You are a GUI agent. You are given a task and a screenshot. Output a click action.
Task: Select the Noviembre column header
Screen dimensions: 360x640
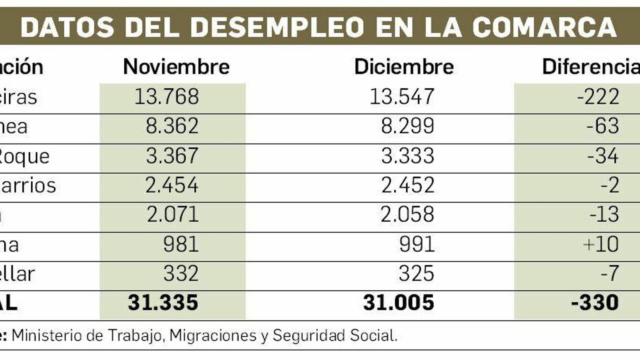coord(176,66)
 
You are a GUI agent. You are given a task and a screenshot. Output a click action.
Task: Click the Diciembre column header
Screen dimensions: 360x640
coord(404,66)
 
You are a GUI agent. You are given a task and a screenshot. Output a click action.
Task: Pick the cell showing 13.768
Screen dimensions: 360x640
coord(166,97)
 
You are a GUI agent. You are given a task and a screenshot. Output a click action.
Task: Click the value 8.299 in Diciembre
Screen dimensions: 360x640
coord(408,126)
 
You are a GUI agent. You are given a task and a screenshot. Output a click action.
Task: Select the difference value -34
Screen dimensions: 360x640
coord(603,156)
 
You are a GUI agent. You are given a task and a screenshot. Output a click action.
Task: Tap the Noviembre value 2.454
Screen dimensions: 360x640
coord(172,185)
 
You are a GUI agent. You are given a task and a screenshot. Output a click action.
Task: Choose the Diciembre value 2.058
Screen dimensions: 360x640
coord(407,214)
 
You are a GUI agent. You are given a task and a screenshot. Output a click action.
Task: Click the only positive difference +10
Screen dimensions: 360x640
coord(601,244)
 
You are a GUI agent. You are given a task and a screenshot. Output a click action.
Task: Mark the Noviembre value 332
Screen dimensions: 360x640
coord(181,274)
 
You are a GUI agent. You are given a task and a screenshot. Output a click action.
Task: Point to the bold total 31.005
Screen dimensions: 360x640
coord(398,303)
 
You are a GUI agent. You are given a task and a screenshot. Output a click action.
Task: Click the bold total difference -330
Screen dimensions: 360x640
coord(595,303)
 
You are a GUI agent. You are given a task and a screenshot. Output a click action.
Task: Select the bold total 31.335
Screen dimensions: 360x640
coord(163,303)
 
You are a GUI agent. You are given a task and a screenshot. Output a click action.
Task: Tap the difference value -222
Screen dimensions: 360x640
coord(598,97)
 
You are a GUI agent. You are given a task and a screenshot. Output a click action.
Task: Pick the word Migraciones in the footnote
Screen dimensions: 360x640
coord(213,336)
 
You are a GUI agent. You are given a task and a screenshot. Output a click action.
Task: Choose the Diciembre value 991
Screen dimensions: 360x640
coord(417,244)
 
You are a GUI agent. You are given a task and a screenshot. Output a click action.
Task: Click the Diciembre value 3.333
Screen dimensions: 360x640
coord(408,156)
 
